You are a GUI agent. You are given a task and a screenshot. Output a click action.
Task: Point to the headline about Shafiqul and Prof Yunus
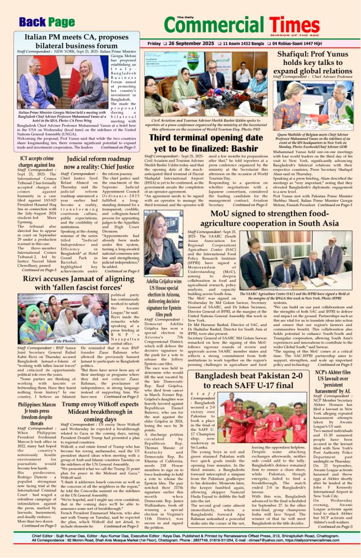[315, 62]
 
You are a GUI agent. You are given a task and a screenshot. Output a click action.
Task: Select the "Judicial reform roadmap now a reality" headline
[100, 164]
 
